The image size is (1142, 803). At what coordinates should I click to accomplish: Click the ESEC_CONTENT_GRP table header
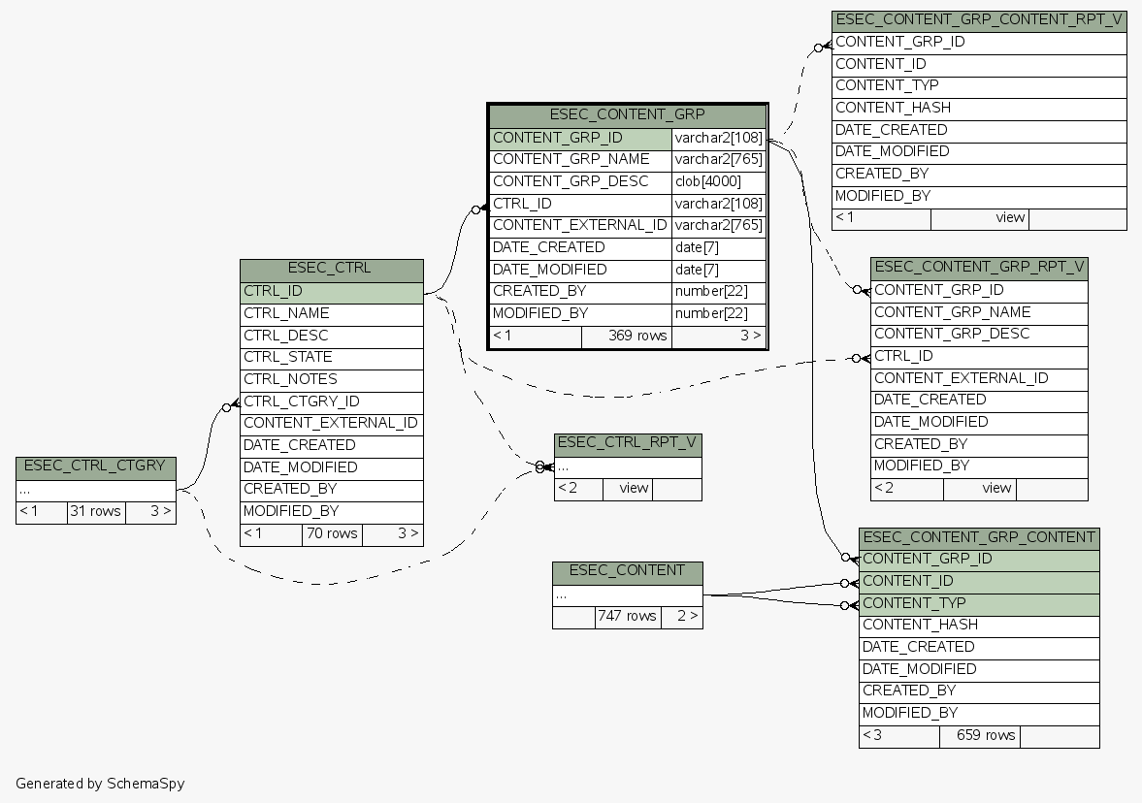(x=627, y=114)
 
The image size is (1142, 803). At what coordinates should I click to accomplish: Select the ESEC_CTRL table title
(x=331, y=269)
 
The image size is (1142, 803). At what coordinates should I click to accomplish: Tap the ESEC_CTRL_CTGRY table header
(x=95, y=466)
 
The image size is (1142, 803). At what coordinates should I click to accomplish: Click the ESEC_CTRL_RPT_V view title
(x=627, y=443)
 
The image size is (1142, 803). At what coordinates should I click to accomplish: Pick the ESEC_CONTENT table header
(x=627, y=570)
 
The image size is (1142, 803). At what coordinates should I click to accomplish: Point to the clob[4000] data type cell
(x=718, y=181)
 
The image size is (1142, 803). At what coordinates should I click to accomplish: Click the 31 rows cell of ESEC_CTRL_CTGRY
(x=95, y=511)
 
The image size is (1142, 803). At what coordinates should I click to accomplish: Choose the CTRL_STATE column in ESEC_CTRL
(x=331, y=357)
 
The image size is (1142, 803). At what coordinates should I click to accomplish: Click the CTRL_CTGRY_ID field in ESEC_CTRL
(x=331, y=401)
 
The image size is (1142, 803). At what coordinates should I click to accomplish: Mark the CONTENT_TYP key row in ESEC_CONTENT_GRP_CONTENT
(x=978, y=603)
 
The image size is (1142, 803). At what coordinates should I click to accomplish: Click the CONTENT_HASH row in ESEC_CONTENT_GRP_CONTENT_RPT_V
(x=978, y=108)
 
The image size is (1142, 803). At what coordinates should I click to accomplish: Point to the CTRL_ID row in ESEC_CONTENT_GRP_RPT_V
(x=978, y=356)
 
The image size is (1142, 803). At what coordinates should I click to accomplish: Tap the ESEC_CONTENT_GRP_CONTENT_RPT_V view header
(x=978, y=19)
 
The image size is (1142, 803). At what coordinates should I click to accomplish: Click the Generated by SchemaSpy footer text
(x=100, y=783)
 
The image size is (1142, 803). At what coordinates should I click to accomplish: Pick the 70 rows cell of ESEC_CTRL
(x=331, y=533)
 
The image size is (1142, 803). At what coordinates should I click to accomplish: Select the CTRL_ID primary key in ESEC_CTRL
(x=331, y=291)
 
